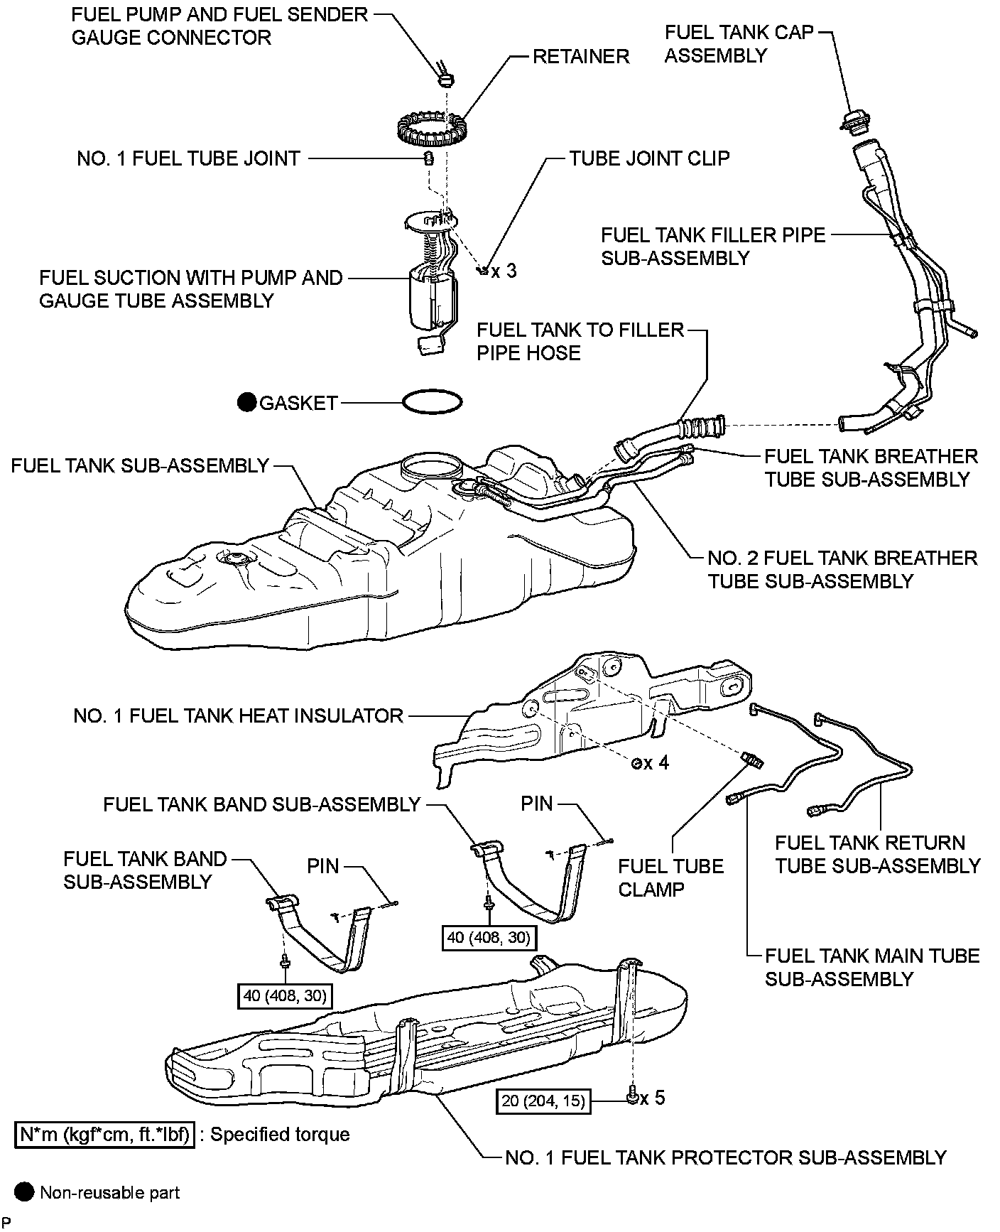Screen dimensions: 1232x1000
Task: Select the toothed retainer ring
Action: (x=430, y=127)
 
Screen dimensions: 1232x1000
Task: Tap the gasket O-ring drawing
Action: (x=432, y=402)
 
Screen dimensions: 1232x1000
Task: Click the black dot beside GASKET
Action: (x=247, y=403)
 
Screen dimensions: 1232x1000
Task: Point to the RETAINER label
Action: (x=581, y=57)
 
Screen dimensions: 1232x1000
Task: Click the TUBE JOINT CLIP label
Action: (x=649, y=158)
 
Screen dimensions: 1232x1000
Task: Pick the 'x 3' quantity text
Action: (x=504, y=271)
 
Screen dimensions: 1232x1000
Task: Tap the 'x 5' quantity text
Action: (x=652, y=1098)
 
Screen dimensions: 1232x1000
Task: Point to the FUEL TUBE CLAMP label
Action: (x=670, y=877)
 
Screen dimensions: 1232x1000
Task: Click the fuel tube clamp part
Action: (x=753, y=760)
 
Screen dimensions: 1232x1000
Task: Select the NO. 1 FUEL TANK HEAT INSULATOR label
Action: (x=239, y=715)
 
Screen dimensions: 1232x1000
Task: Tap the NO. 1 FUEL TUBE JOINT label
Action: (x=188, y=158)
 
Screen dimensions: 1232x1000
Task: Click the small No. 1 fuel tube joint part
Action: (x=429, y=158)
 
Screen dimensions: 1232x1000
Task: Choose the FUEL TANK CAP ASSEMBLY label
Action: (x=739, y=44)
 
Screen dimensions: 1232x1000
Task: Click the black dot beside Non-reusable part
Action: (x=25, y=1192)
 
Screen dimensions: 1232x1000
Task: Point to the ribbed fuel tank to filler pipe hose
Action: (x=700, y=427)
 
